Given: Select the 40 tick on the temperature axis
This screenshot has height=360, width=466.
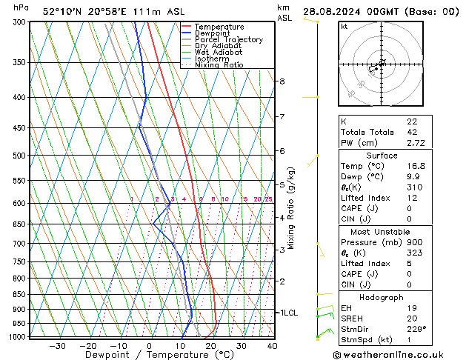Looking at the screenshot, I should pos(272,345).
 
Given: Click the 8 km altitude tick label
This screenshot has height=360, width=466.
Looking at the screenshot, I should pos(282,81).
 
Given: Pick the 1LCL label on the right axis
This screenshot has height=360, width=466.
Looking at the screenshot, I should pos(287,313).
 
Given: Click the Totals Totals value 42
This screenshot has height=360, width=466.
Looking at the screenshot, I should pos(412,131).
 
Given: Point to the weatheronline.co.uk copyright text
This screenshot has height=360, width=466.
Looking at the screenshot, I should pos(398,355).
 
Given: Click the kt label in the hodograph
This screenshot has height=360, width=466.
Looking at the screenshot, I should pos(344,27).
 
